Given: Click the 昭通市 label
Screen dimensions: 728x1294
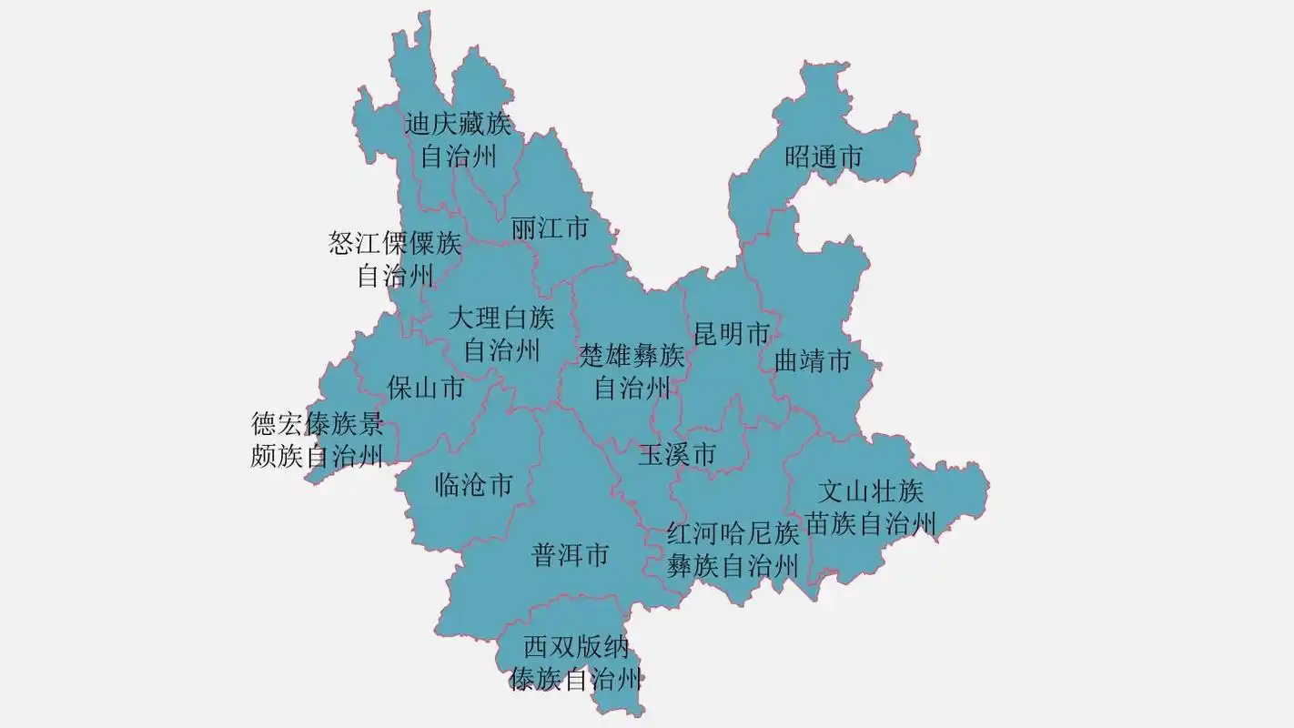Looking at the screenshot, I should [x=824, y=157].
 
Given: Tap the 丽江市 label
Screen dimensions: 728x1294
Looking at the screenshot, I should [x=550, y=227].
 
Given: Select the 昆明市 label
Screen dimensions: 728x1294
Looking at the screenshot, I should [x=732, y=334].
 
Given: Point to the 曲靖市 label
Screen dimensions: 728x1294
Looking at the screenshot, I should [x=813, y=361].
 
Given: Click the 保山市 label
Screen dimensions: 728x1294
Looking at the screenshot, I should [x=425, y=389].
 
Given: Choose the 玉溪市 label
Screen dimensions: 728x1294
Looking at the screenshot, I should [x=676, y=454].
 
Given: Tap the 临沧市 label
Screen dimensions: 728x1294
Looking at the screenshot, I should [x=473, y=485].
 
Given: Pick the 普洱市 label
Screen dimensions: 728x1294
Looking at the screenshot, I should [x=571, y=555].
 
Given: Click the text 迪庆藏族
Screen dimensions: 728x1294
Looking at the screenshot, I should [x=458, y=124].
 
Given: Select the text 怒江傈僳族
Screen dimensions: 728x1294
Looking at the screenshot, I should [x=395, y=244].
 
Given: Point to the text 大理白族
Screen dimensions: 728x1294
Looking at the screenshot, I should [x=501, y=318].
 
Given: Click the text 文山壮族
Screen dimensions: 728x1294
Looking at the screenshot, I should [x=871, y=492].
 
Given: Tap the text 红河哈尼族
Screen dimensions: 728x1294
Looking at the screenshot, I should [x=733, y=533].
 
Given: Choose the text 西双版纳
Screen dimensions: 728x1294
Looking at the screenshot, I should [x=576, y=647].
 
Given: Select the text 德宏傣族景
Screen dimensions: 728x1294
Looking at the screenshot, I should [x=318, y=424].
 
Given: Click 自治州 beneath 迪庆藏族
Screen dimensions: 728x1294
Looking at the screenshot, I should [x=458, y=157].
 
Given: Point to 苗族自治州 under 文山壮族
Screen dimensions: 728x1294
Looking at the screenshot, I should [x=871, y=524].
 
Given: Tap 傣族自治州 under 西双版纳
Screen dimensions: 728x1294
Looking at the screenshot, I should [x=576, y=679].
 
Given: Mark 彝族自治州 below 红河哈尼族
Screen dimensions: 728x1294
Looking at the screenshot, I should [x=733, y=566].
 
